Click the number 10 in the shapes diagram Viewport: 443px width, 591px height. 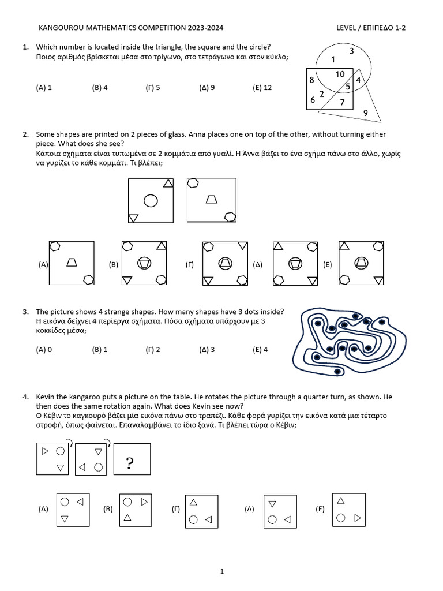[340, 74]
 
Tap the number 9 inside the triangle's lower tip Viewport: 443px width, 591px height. [365, 113]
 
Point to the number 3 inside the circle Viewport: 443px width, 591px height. [351, 51]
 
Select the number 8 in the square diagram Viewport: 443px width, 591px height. [311, 80]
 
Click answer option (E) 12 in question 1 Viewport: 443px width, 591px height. [262, 88]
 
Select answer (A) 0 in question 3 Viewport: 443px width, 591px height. [44, 350]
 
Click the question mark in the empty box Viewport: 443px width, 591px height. [130, 463]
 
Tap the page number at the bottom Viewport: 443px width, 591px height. [221, 572]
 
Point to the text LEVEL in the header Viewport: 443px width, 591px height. [349, 28]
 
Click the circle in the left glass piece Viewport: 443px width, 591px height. [151, 201]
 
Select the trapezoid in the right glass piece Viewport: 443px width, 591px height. [212, 200]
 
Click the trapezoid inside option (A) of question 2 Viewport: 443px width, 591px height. [72, 262]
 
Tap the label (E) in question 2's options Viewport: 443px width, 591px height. [327, 265]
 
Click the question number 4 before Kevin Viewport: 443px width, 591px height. [25, 397]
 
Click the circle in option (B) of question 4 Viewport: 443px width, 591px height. [127, 502]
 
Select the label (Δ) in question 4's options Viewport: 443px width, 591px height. [249, 509]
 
